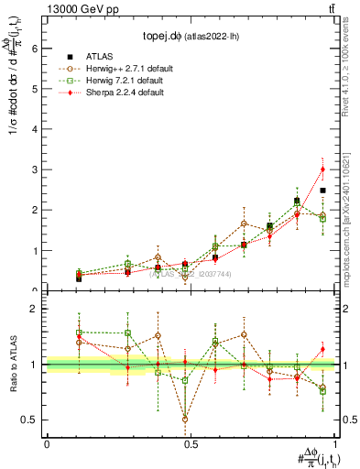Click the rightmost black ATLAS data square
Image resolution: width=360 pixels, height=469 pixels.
(x=322, y=191)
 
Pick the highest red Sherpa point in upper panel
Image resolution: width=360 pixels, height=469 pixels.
(x=322, y=169)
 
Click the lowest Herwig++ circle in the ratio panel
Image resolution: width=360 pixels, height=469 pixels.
(x=186, y=420)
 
